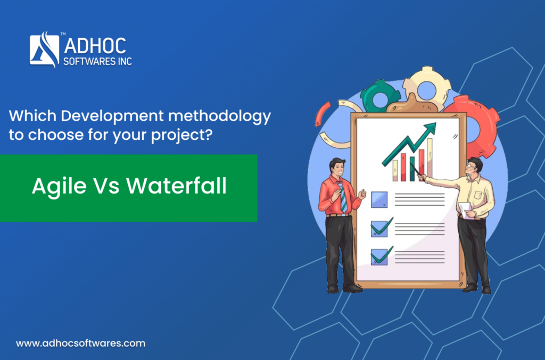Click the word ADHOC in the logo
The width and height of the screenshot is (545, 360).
[95, 46]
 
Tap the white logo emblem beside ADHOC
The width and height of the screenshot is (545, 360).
[45, 49]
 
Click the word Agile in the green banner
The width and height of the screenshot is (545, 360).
[59, 187]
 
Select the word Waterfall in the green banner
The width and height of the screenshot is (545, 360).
[176, 186]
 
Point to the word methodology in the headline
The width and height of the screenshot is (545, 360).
[219, 116]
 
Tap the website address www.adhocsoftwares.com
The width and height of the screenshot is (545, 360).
[81, 344]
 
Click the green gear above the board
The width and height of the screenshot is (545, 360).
[379, 96]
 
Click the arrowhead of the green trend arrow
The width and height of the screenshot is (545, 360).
[430, 128]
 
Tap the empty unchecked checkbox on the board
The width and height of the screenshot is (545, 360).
[379, 199]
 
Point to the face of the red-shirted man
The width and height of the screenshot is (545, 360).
[337, 169]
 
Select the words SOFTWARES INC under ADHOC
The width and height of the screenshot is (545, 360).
[98, 62]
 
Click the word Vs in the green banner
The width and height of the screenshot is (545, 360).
[106, 186]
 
